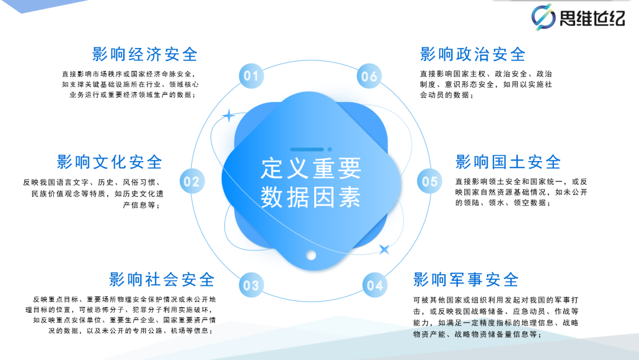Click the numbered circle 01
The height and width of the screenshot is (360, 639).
pyautogui.click(x=251, y=76)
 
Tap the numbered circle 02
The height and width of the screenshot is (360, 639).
pyautogui.click(x=192, y=181)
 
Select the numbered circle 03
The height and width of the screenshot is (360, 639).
pyautogui.click(x=251, y=285)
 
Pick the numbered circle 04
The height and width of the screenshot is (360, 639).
pyautogui.click(x=375, y=285)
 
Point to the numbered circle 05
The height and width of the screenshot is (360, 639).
pyautogui.click(x=430, y=181)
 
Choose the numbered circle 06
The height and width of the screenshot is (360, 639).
pyautogui.click(x=369, y=76)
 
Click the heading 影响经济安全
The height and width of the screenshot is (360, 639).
pyautogui.click(x=145, y=54)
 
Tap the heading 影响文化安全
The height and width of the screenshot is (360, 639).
pyautogui.click(x=109, y=162)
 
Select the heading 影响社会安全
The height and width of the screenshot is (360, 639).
pyautogui.click(x=162, y=279)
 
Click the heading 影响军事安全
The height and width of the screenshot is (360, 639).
pyautogui.click(x=466, y=279)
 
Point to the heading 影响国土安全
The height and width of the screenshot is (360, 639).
pyautogui.click(x=508, y=162)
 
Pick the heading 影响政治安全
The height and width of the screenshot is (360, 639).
pyautogui.click(x=473, y=54)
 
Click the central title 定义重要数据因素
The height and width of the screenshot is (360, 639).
pyautogui.click(x=311, y=182)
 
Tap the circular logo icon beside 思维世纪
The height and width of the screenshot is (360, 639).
pyautogui.click(x=543, y=17)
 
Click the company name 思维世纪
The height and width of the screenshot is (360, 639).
pyautogui.click(x=592, y=18)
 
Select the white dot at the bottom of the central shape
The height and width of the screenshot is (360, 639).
pyautogui.click(x=311, y=255)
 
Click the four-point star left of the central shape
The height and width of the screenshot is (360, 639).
pyautogui.click(x=229, y=116)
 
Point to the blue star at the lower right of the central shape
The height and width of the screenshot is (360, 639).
pyautogui.click(x=384, y=249)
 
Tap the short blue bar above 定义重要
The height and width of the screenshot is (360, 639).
pyautogui.click(x=306, y=150)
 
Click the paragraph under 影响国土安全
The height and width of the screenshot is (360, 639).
pyautogui.click(x=521, y=192)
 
